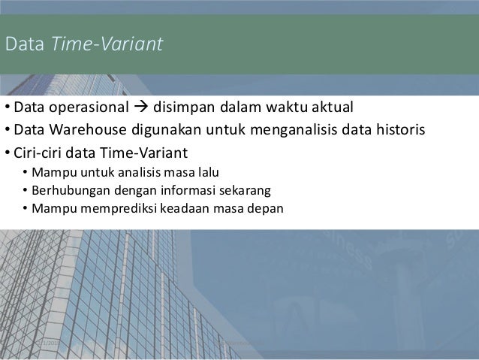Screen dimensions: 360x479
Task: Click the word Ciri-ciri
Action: pyautogui.click(x=39, y=153)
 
